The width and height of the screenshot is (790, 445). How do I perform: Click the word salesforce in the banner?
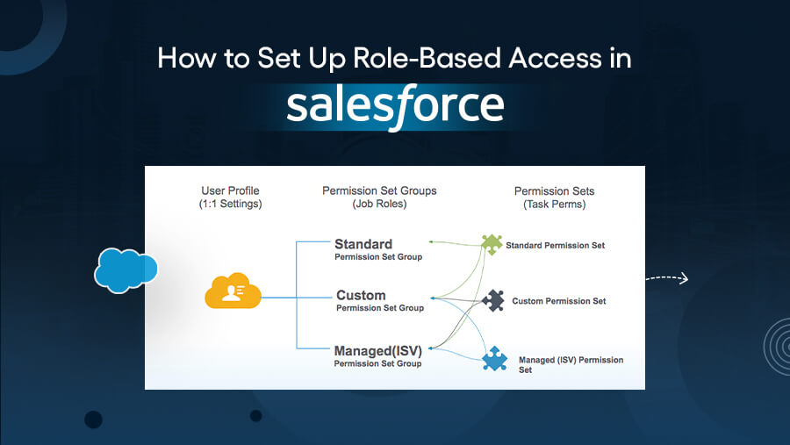click(395, 105)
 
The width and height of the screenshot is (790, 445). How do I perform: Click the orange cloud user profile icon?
click(233, 292)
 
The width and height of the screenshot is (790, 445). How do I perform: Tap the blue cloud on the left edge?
click(126, 269)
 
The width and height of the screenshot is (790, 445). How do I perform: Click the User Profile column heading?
click(230, 190)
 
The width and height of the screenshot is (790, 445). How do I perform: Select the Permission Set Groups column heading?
click(379, 190)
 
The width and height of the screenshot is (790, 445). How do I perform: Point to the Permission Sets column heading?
click(554, 190)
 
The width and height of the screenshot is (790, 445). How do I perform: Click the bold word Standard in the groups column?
click(363, 244)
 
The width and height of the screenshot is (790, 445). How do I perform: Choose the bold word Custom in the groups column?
click(360, 295)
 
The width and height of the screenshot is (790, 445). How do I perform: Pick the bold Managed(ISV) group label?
click(378, 351)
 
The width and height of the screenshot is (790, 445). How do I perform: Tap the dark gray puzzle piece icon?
click(493, 301)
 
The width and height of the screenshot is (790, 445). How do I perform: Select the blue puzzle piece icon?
click(495, 361)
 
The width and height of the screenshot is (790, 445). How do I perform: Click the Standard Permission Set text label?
click(556, 246)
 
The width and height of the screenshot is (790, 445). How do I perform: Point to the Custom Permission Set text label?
click(559, 301)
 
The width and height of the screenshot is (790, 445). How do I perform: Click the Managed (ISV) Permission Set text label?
click(571, 364)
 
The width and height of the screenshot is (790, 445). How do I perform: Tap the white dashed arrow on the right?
click(667, 279)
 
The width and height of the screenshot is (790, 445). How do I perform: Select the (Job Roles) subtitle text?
click(379, 204)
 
